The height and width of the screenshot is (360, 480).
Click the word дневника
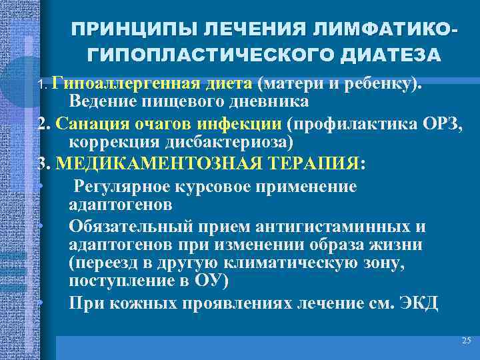pyautogui.click(x=270, y=102)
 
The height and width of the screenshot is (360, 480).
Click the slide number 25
pyautogui.click(x=465, y=341)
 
